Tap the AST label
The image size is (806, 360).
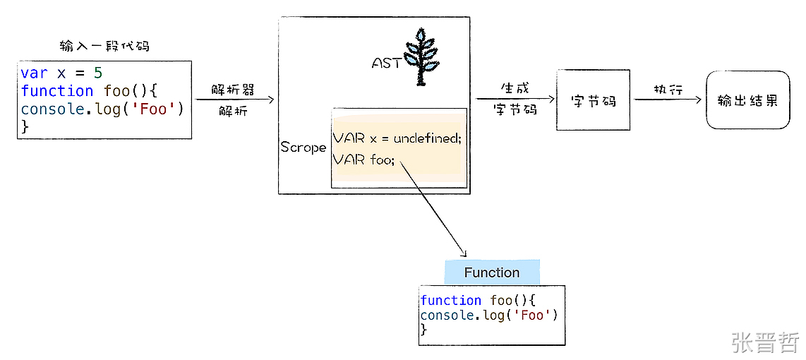(x=386, y=64)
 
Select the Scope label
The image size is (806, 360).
(x=303, y=148)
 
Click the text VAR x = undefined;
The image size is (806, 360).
(x=397, y=138)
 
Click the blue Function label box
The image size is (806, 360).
(x=492, y=272)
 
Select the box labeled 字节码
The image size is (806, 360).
(x=593, y=100)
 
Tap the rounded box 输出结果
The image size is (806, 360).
(x=747, y=100)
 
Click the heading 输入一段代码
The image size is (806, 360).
(x=104, y=47)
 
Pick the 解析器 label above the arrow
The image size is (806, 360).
(x=232, y=90)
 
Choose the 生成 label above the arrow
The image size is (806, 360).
(x=515, y=89)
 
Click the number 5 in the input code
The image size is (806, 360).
(x=98, y=73)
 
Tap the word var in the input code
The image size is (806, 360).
(x=34, y=73)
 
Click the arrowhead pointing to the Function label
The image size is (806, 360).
(x=464, y=255)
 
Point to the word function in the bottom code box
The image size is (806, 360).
(x=450, y=301)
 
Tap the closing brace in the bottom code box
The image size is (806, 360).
(x=423, y=330)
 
